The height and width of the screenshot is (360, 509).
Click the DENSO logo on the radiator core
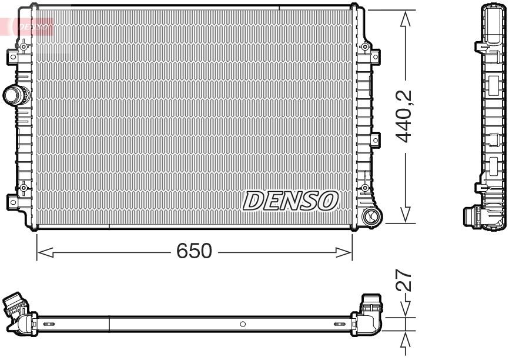pyautogui.click(x=290, y=201)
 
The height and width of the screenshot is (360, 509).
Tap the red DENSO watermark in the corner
pyautogui.click(x=29, y=25)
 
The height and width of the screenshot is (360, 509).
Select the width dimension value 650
pyautogui.click(x=194, y=251)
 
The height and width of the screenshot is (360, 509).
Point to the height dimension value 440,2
pyautogui.click(x=403, y=116)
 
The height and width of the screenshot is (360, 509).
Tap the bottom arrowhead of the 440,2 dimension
pyautogui.click(x=404, y=215)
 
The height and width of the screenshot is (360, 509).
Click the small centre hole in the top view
pyautogui.click(x=243, y=324)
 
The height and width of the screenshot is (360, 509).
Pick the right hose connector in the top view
pyautogui.click(x=370, y=306)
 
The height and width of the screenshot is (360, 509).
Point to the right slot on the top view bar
pyautogui.click(x=339, y=324)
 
